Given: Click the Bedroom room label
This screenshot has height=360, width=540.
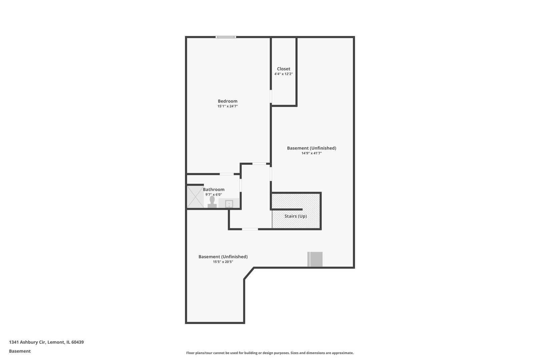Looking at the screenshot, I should point(227,101).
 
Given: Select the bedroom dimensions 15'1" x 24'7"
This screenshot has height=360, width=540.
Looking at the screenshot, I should point(227,106).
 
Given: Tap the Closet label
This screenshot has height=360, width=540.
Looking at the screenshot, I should point(283,69).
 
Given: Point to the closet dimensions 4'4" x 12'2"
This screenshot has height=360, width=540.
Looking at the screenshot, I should point(283,74).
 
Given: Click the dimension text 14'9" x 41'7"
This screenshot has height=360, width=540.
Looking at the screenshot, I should point(311,153).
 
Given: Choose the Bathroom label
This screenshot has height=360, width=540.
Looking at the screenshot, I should point(214,189).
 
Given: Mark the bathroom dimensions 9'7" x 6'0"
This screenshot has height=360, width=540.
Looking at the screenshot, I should point(214,195).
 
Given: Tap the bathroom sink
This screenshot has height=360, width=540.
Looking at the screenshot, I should point(229,204).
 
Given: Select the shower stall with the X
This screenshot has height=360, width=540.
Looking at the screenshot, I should point(195,197).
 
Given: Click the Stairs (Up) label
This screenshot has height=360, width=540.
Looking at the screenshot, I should point(295,216).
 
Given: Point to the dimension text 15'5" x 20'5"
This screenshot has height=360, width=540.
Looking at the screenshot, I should point(223,262).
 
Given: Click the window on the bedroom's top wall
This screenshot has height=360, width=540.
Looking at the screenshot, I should point(226,37).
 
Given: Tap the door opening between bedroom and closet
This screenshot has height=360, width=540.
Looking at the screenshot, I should point(271,96).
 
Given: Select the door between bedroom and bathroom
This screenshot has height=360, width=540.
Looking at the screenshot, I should point(227,174).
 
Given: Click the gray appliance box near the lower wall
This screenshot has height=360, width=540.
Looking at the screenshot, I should point(315,259).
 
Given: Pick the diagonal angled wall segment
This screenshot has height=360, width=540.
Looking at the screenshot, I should point(249,273).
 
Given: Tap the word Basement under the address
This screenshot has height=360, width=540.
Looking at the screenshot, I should point(20,351).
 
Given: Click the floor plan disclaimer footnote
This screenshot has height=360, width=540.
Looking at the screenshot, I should point(270,353).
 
